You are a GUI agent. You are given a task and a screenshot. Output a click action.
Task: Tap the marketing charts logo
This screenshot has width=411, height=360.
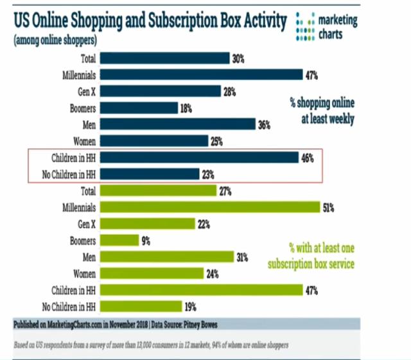(x=328, y=27)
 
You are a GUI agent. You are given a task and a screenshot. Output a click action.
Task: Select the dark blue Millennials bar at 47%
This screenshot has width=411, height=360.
(x=201, y=75)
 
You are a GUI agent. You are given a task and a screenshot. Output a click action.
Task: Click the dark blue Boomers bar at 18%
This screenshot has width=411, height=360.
(x=139, y=107)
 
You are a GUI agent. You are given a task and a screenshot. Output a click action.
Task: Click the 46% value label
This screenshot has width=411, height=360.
(x=308, y=157)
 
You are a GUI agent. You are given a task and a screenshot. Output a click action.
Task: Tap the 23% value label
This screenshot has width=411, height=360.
(x=208, y=174)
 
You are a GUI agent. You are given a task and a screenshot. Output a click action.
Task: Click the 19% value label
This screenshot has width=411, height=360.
(x=190, y=307)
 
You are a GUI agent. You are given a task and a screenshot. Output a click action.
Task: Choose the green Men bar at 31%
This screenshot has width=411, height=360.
(x=166, y=256)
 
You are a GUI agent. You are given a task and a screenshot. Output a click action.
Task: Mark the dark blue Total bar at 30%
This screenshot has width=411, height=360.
(x=164, y=58)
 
